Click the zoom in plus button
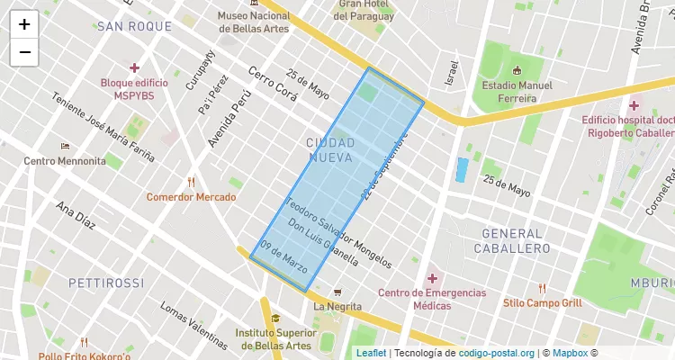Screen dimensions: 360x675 pyautogui.click(x=24, y=24)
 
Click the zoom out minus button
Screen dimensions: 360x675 pyautogui.click(x=24, y=52)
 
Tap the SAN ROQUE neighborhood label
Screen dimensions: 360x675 pyautogui.click(x=134, y=27)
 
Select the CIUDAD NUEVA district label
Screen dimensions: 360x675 pyautogui.click(x=330, y=150)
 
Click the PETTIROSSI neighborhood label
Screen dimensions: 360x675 pyautogui.click(x=106, y=283)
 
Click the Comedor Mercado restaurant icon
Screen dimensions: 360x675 pyautogui.click(x=191, y=182)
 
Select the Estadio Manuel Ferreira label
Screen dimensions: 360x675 pyautogui.click(x=516, y=92)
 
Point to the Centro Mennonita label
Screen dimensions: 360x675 pyautogui.click(x=65, y=161)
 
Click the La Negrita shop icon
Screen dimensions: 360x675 pyautogui.click(x=337, y=292)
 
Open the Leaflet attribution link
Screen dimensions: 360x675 pyautogui.click(x=371, y=353)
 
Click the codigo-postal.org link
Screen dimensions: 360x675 pyautogui.click(x=497, y=353)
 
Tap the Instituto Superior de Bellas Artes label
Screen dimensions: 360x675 pyautogui.click(x=274, y=339)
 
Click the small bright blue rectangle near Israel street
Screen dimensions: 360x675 pyautogui.click(x=463, y=169)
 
